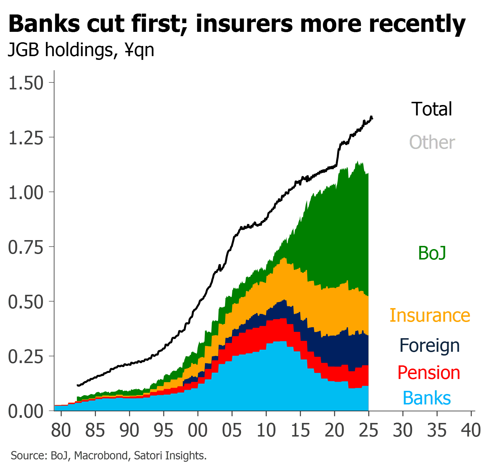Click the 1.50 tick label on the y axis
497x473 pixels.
(26, 83)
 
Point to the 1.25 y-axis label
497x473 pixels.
(26, 138)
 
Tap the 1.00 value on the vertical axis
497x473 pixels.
(26, 192)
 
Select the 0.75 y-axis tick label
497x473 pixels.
(26, 247)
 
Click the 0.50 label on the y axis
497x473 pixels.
(26, 302)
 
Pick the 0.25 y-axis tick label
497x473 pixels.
(26, 357)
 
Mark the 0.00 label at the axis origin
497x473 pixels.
(26, 411)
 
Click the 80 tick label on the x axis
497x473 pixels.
(61, 430)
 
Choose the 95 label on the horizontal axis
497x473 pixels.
(163, 430)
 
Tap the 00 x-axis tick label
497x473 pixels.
(198, 430)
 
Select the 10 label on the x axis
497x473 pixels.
(266, 430)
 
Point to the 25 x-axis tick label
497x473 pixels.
(369, 430)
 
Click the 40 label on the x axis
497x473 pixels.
(471, 430)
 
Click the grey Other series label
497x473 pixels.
(432, 142)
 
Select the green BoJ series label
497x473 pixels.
(432, 253)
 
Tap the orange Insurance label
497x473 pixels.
(430, 315)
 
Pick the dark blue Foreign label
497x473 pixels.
(430, 346)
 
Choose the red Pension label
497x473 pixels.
(429, 373)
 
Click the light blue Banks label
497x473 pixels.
(427, 398)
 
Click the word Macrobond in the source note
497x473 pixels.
(101, 456)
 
